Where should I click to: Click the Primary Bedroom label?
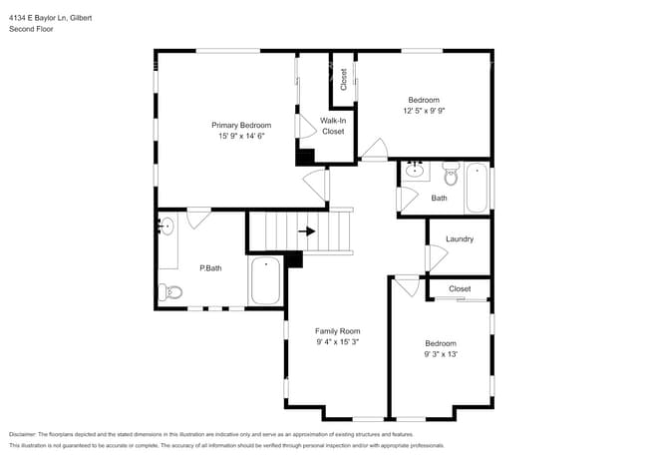click(241, 125)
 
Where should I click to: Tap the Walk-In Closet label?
click(332, 126)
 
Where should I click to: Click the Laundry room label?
click(460, 239)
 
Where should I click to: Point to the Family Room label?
click(337, 330)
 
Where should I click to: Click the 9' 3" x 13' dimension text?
click(440, 353)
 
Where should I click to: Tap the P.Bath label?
click(209, 267)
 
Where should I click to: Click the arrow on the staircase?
click(308, 231)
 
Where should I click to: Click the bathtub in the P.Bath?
click(266, 281)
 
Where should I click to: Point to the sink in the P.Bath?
click(165, 226)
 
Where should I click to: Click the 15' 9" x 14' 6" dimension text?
click(241, 136)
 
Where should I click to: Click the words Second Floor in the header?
click(31, 29)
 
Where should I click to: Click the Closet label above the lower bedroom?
click(460, 288)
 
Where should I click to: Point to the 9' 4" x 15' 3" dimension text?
click(337, 341)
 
